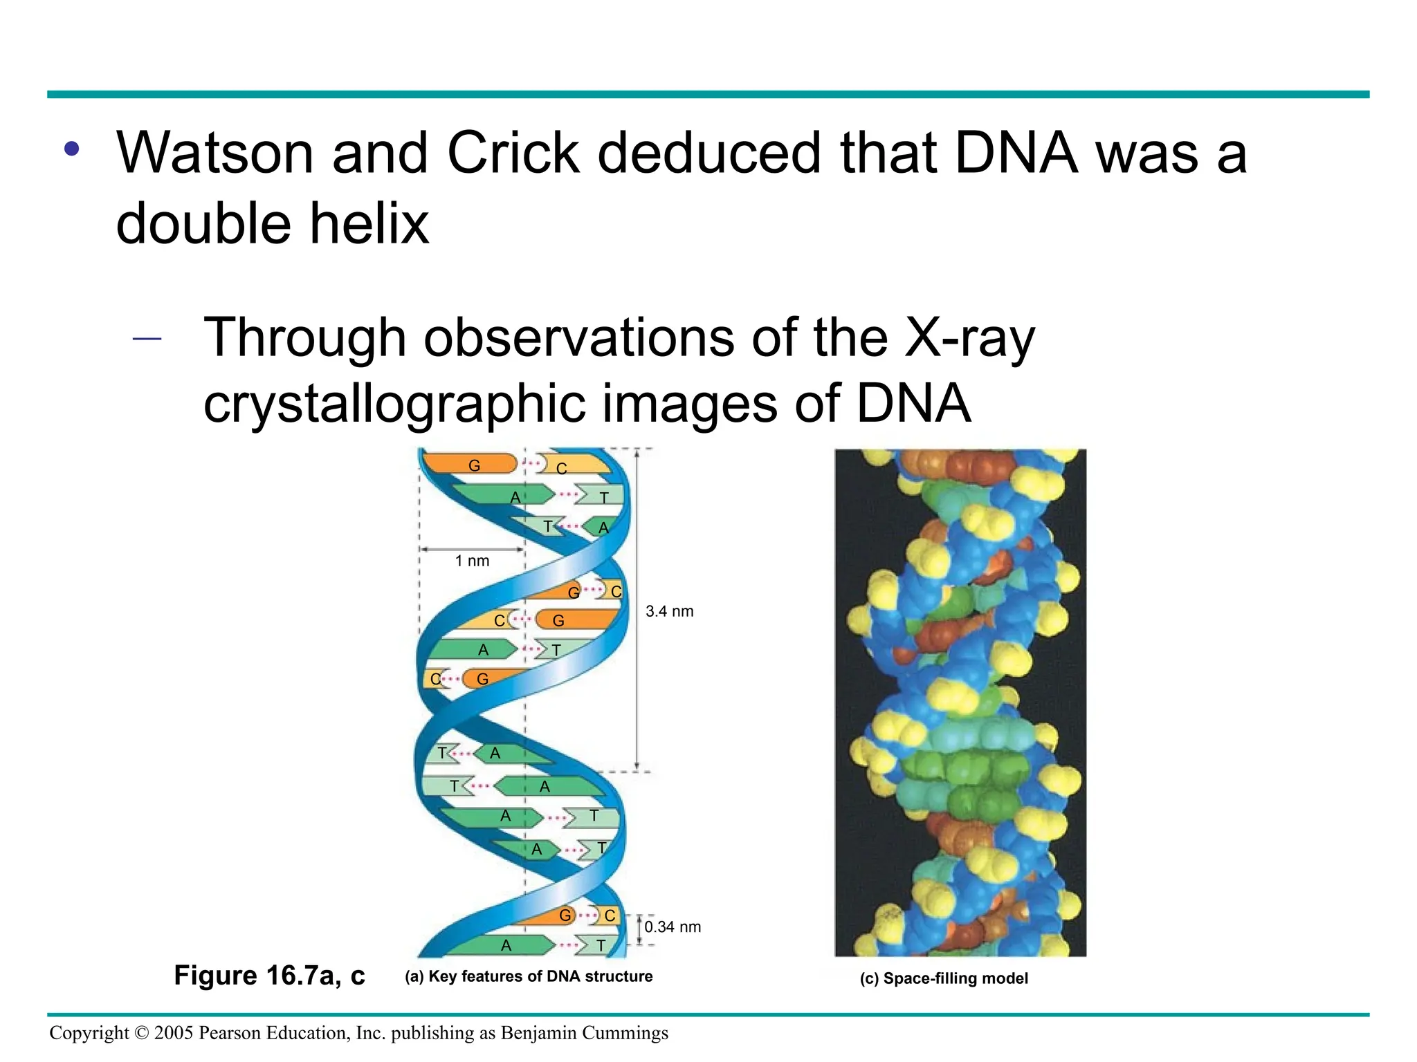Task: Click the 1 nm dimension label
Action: (x=472, y=561)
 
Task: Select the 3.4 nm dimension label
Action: (x=669, y=612)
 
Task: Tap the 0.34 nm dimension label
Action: (x=673, y=927)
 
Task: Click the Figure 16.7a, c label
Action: (x=269, y=976)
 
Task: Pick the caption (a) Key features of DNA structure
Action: (x=529, y=976)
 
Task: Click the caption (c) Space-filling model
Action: (x=944, y=978)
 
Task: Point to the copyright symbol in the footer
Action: (x=141, y=1033)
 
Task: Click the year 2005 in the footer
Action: (x=174, y=1033)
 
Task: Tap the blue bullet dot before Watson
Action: (x=72, y=149)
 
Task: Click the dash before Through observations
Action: (x=147, y=339)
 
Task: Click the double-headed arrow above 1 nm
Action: (x=472, y=550)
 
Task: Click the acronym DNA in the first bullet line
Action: (x=1015, y=153)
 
